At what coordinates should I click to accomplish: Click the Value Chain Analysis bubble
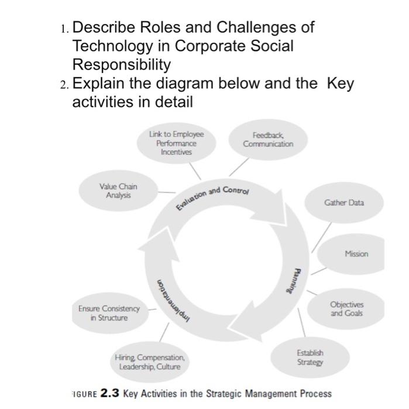coord(119,190)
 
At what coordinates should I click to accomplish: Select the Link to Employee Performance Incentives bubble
coord(176,143)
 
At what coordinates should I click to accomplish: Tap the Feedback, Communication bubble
coord(268,140)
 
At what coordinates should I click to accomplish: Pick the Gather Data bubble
coord(343,203)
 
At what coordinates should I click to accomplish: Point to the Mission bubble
coord(356,254)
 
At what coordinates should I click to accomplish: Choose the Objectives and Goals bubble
coord(346,309)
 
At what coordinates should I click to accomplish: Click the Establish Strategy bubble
coord(310,358)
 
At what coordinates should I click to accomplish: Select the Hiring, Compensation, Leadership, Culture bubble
coord(150,362)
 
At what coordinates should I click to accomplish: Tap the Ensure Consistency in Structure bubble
coord(109,313)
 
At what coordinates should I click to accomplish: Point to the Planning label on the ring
coord(298,281)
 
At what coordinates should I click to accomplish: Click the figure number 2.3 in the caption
coord(109,393)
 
